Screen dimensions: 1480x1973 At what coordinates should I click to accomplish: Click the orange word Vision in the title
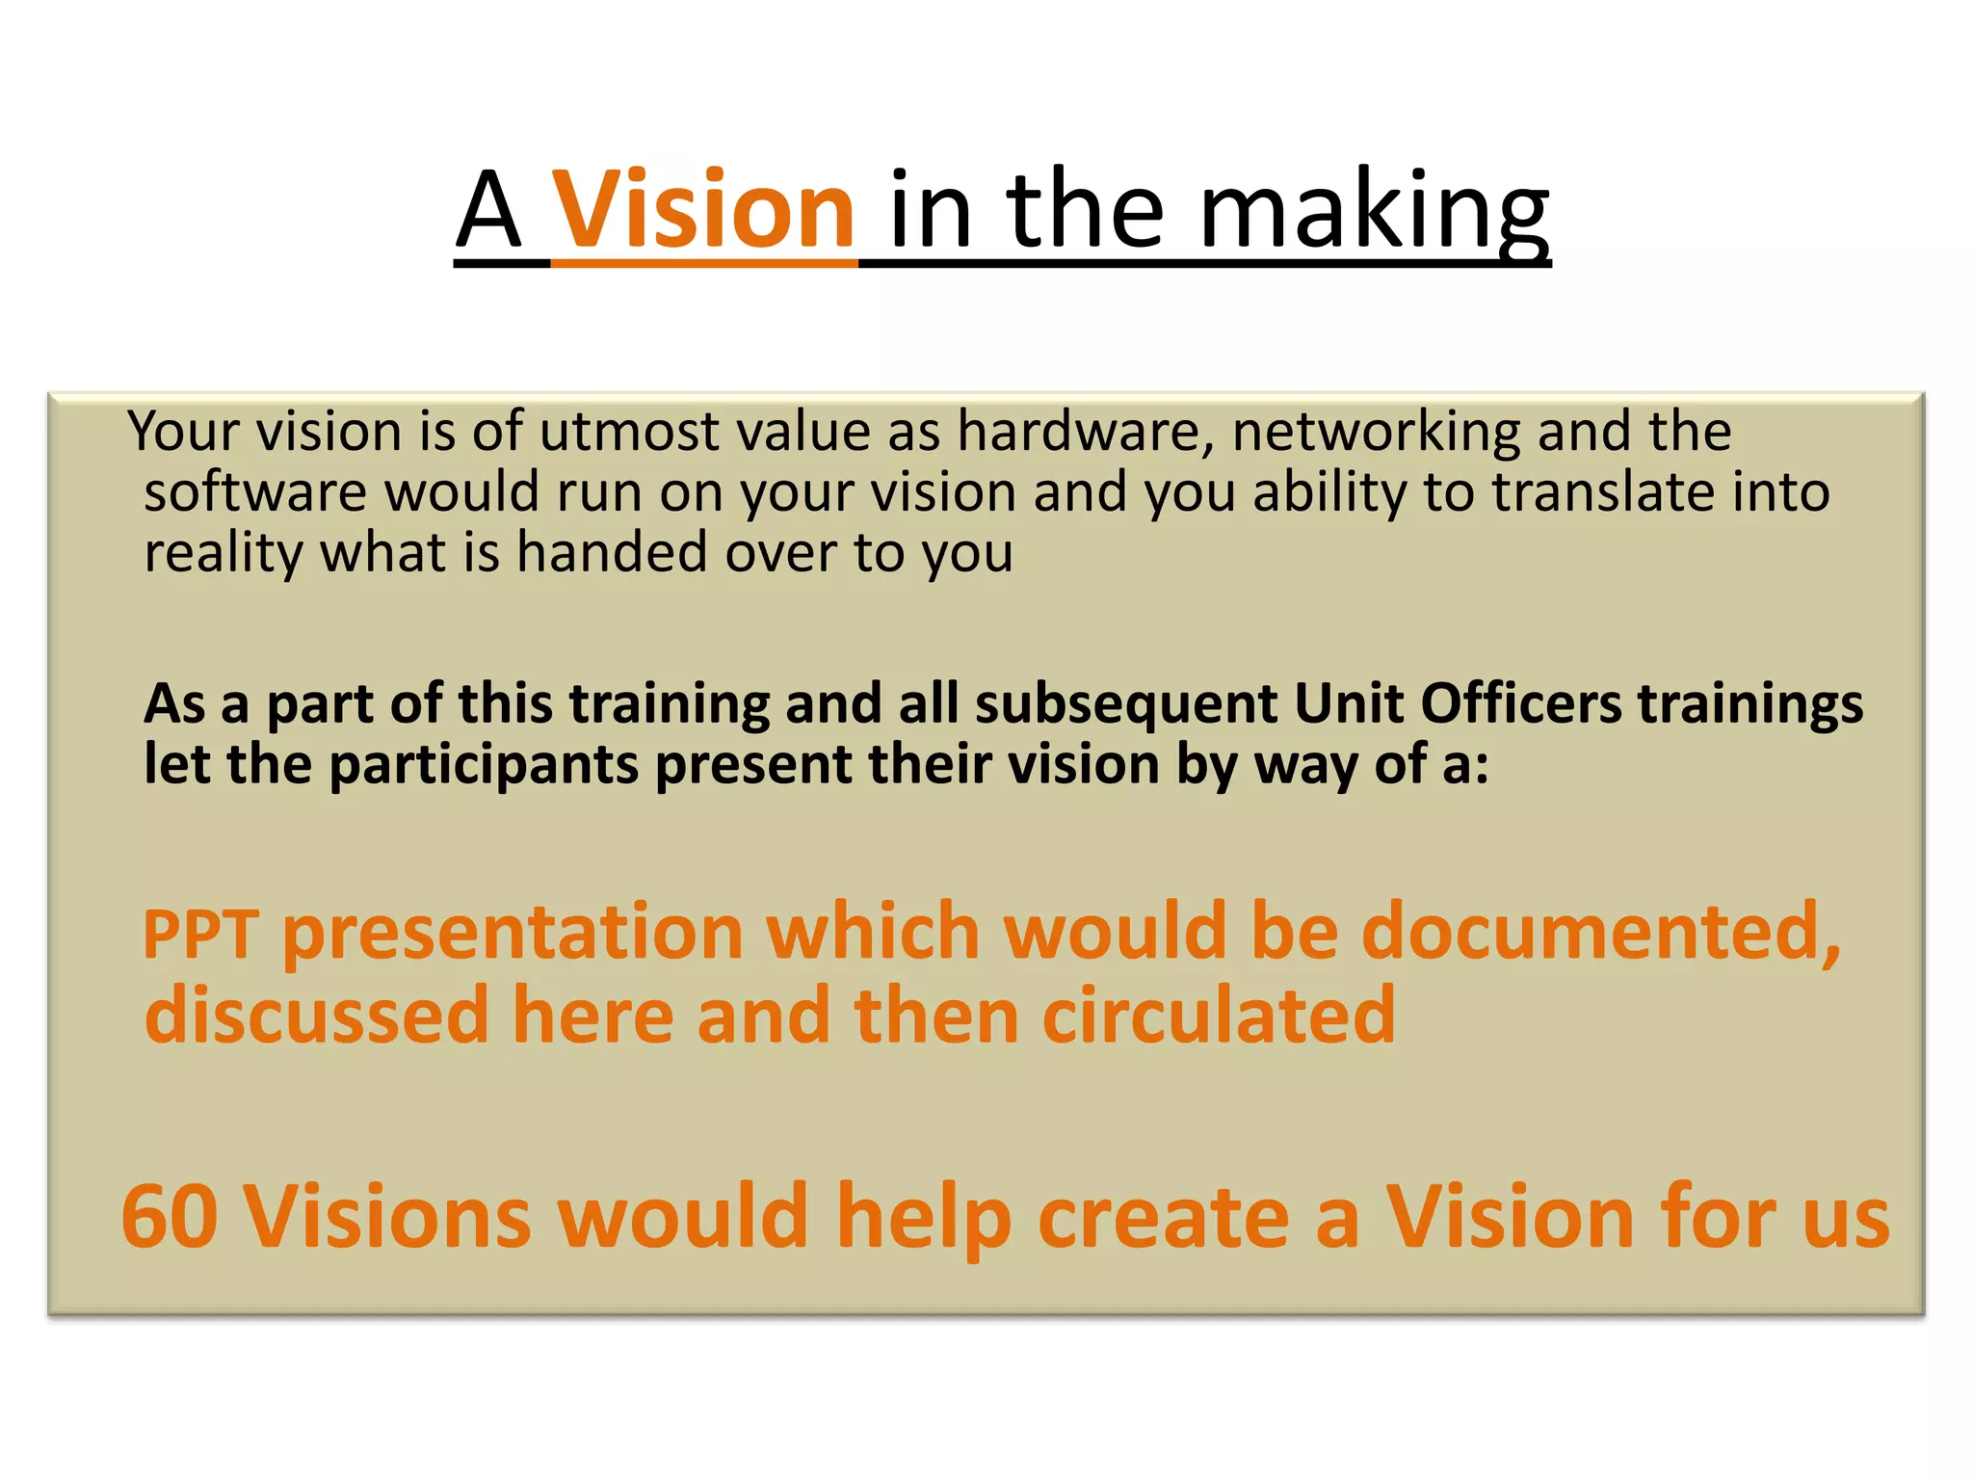pos(703,209)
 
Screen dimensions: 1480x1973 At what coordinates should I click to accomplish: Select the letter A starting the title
pos(488,211)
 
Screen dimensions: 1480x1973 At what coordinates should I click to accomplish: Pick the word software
pos(254,492)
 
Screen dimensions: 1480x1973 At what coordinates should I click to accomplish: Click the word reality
pos(224,554)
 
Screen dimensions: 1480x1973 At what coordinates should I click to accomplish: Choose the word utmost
pos(629,432)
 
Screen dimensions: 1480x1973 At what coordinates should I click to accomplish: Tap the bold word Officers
pos(1521,703)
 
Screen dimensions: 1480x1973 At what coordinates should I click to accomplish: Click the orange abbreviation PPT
pos(200,934)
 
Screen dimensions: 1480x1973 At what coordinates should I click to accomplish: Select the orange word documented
pos(1600,932)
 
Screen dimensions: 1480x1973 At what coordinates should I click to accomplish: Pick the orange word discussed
pos(317,1016)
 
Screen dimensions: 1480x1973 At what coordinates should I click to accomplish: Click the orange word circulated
pos(1219,1016)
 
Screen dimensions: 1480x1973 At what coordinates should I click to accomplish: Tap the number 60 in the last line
pos(170,1217)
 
